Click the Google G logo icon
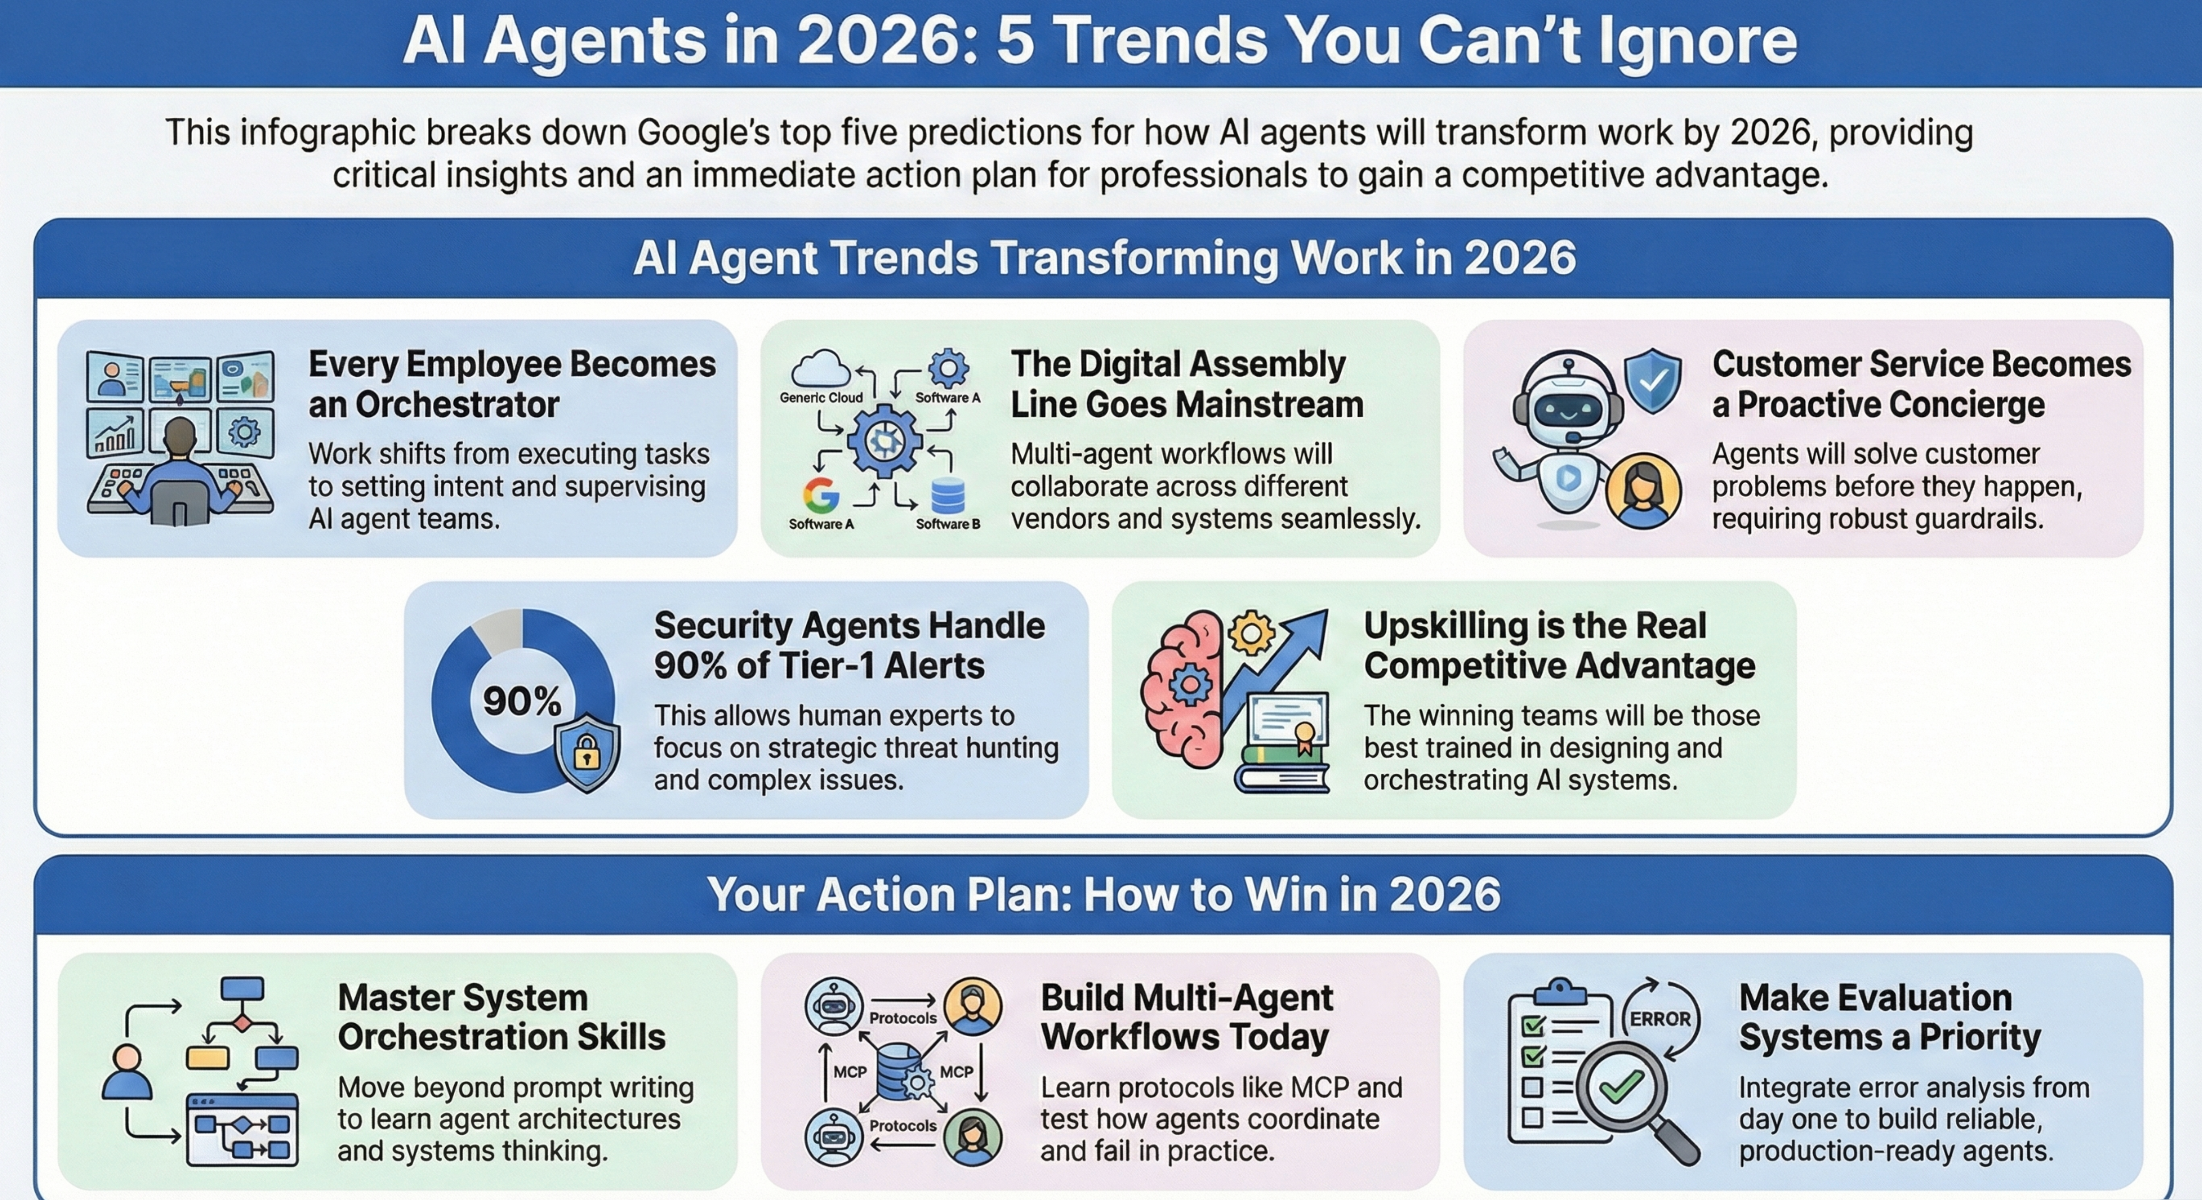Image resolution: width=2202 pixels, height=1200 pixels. pyautogui.click(x=821, y=495)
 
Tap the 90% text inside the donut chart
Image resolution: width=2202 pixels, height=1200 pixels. pyautogui.click(x=522, y=701)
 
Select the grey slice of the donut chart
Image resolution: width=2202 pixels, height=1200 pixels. pyautogui.click(x=497, y=633)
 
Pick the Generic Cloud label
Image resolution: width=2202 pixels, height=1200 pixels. pyautogui.click(x=821, y=398)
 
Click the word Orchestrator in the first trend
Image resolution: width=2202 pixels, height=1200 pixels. pyautogui.click(x=457, y=405)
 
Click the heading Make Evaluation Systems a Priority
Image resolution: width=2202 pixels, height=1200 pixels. pyautogui.click(x=1889, y=1017)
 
